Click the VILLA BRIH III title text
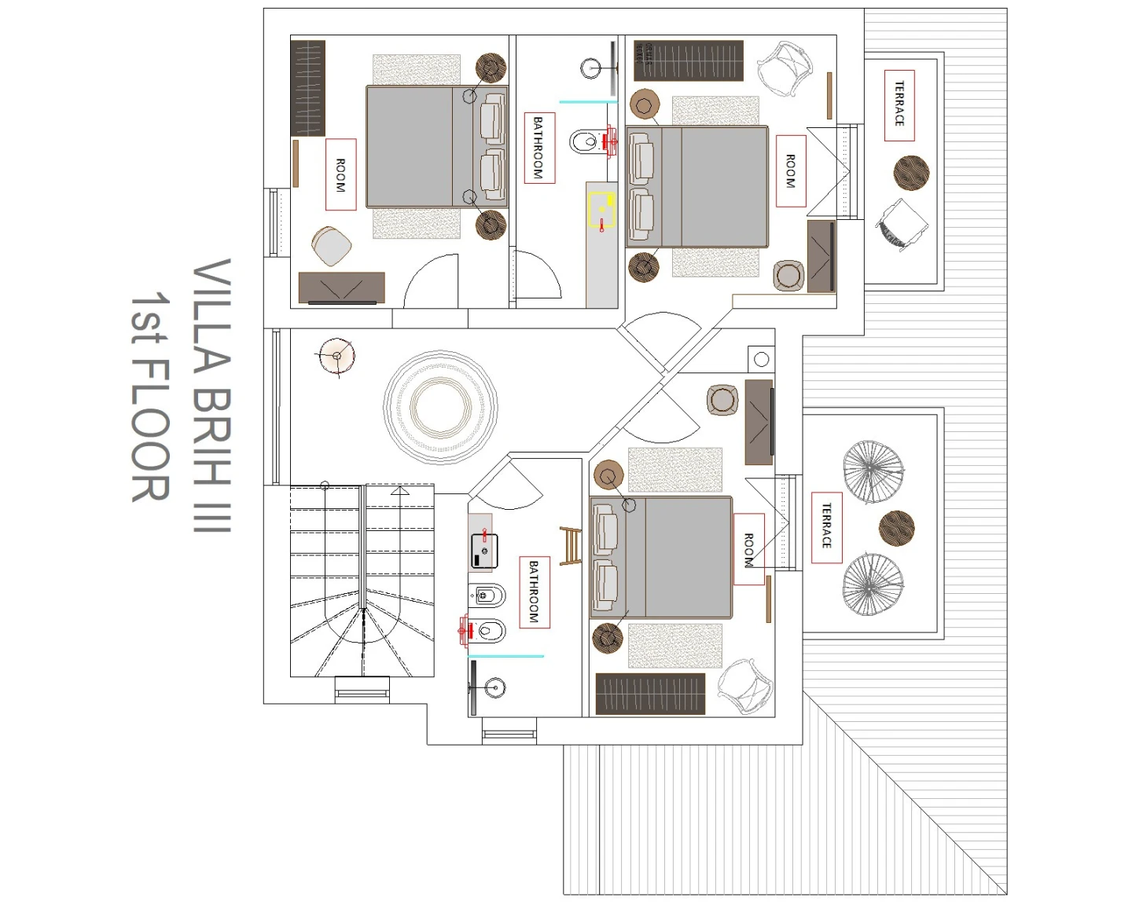click(x=212, y=395)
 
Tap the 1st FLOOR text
click(x=150, y=397)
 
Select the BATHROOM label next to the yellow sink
click(x=539, y=148)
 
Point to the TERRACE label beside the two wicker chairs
click(x=826, y=527)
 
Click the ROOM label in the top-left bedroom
click(x=341, y=174)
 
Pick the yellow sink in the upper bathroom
click(x=602, y=210)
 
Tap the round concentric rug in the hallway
click(x=441, y=407)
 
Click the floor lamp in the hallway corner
click(x=336, y=357)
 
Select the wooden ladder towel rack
click(x=571, y=546)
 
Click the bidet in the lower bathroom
click(x=487, y=595)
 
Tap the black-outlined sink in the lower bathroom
click(x=484, y=551)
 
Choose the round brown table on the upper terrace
click(x=912, y=173)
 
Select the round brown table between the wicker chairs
click(x=897, y=528)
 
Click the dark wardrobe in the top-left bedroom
click(x=307, y=88)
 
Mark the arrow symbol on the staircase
click(x=400, y=491)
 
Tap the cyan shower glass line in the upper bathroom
click(x=588, y=101)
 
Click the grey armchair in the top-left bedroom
click(x=331, y=246)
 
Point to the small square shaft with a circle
click(x=761, y=359)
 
